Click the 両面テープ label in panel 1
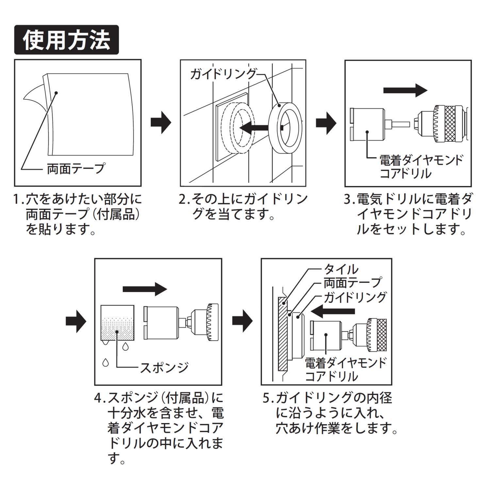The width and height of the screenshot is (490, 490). (x=76, y=169)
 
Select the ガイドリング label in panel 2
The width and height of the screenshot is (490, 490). (x=223, y=74)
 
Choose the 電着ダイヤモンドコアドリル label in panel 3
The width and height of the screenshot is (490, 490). (x=421, y=167)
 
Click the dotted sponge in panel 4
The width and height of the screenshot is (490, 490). (x=117, y=330)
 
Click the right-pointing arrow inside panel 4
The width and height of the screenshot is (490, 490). (x=145, y=289)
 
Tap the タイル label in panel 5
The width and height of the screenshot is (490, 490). (x=341, y=270)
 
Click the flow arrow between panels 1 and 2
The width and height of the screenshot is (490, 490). (x=161, y=123)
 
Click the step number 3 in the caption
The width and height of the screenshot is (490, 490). (x=348, y=200)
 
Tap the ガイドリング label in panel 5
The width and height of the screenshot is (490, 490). (x=355, y=297)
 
